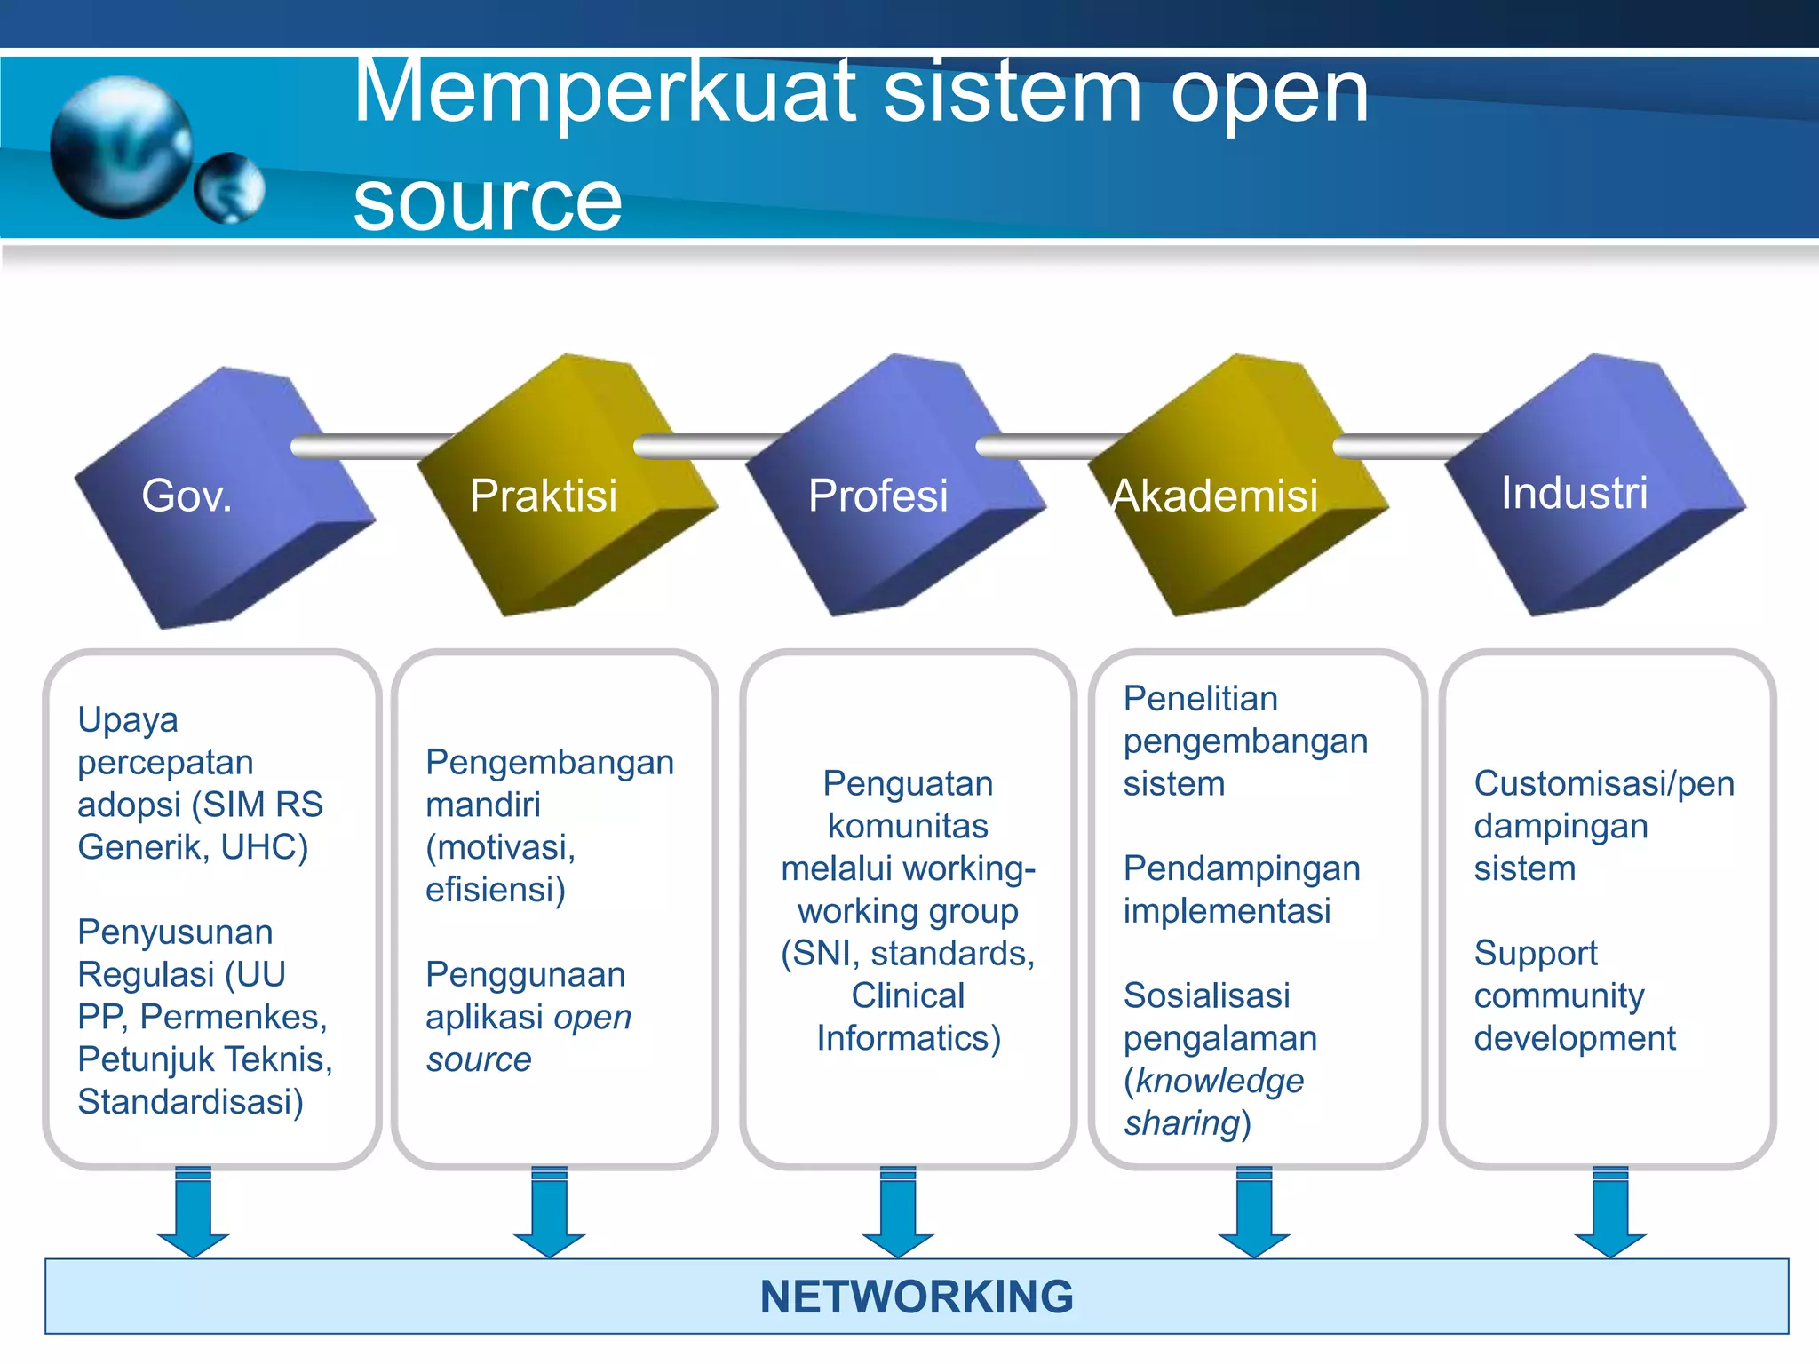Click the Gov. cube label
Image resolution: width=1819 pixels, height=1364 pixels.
(x=187, y=496)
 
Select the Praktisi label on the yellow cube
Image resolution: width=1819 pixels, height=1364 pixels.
(x=543, y=496)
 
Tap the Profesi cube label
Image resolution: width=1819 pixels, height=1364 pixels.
(x=878, y=496)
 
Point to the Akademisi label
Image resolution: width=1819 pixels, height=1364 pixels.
(x=1214, y=496)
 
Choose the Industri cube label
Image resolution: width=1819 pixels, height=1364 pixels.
(x=1574, y=493)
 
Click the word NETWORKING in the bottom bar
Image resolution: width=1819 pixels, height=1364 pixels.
(x=917, y=1297)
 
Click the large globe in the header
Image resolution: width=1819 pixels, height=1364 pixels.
(x=121, y=147)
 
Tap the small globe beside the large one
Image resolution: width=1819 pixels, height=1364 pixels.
(x=229, y=188)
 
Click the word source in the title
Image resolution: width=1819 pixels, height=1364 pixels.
(x=488, y=201)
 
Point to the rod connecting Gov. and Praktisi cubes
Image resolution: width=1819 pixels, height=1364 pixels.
(x=373, y=446)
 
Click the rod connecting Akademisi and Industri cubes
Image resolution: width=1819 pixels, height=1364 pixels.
(x=1403, y=446)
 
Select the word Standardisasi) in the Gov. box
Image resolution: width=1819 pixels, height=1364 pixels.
(x=190, y=1102)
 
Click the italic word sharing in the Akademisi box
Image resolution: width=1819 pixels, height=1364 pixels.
(x=1181, y=1123)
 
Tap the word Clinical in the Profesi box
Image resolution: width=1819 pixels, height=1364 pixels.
(x=908, y=995)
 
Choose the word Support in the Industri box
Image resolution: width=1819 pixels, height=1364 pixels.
(x=1535, y=954)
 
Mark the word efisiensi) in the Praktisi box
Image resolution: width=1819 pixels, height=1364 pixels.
(x=495, y=890)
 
